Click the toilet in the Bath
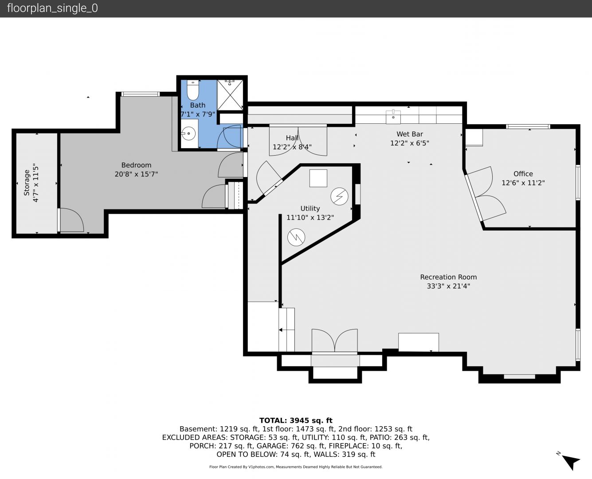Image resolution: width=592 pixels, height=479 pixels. [x=192, y=90]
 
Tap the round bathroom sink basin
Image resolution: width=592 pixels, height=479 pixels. [x=189, y=133]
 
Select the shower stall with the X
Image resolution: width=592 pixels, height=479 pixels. [x=230, y=95]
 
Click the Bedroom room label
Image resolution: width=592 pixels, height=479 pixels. [x=136, y=165]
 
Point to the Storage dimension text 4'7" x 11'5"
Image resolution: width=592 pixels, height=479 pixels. [x=35, y=183]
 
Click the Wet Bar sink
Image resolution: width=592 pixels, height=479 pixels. [x=393, y=117]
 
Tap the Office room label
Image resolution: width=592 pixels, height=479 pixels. [x=523, y=174]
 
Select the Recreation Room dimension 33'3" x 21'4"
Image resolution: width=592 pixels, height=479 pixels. [x=448, y=286]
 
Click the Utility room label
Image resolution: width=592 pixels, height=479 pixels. [x=310, y=208]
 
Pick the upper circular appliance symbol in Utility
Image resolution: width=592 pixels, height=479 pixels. [x=339, y=196]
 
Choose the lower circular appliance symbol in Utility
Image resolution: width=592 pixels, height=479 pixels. [x=296, y=237]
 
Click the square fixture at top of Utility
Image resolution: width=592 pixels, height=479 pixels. [x=318, y=178]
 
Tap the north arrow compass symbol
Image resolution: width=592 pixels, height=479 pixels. [x=571, y=462]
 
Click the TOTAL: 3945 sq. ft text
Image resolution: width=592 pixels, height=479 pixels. [x=296, y=420]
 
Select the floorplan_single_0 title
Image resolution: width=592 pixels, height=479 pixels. [x=52, y=8]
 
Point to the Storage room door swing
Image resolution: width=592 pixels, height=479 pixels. [x=71, y=220]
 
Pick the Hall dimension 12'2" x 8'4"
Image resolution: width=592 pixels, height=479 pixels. [x=292, y=147]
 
